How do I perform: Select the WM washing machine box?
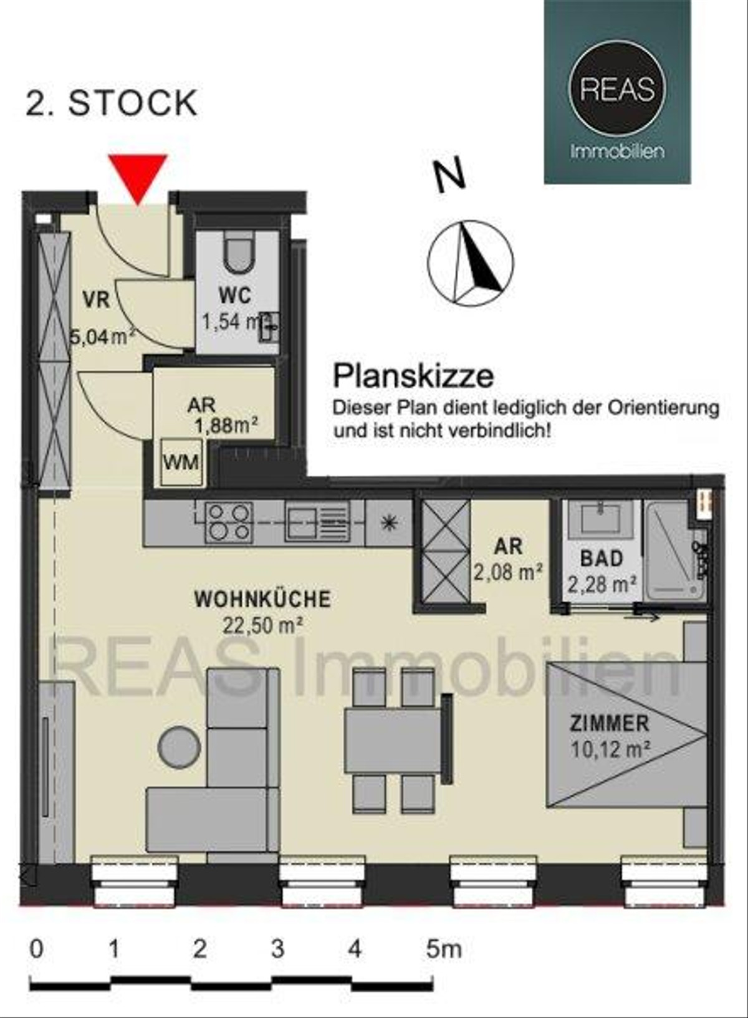click(x=181, y=462)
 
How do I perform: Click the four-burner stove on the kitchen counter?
click(x=229, y=522)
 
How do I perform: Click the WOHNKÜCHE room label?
click(x=262, y=600)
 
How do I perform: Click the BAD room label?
click(x=602, y=559)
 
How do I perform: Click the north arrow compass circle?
click(x=471, y=263)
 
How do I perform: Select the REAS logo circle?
click(x=618, y=88)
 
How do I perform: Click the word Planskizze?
click(x=413, y=376)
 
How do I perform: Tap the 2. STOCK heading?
click(x=112, y=103)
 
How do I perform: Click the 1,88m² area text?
click(x=226, y=426)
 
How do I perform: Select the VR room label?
click(x=97, y=300)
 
